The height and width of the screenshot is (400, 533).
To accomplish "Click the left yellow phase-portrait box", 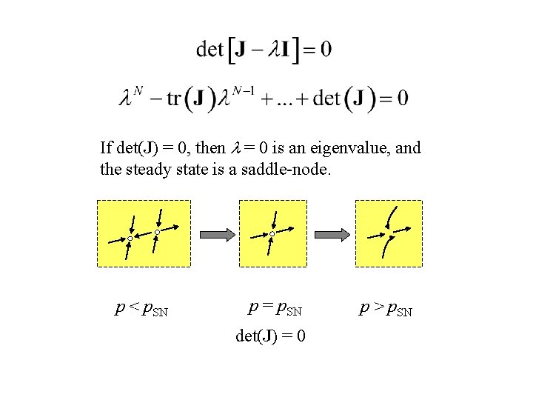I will pos(144,233).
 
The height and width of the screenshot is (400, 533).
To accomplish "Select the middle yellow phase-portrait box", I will pos(272,233).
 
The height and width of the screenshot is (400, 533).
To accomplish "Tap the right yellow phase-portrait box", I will pos(389,233).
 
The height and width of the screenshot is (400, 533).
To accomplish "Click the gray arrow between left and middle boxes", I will pos(218,234).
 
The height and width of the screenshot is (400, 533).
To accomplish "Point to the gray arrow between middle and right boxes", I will pos(333,234).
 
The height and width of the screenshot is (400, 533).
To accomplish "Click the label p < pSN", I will pos(141,309).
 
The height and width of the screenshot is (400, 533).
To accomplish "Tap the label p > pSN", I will pos(386,307).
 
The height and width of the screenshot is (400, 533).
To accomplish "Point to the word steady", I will pos(147,170).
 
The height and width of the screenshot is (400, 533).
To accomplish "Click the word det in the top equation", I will pos(209,50).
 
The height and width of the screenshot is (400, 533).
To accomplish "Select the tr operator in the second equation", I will pos(173,98).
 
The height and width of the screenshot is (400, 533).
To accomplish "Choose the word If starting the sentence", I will pos(106,148).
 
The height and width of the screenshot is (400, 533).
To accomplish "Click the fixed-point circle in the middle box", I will pos(272,234).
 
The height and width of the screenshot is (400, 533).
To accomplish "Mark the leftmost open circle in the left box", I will pos(130,239).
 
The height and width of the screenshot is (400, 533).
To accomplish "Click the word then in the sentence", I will pos(210,148).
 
